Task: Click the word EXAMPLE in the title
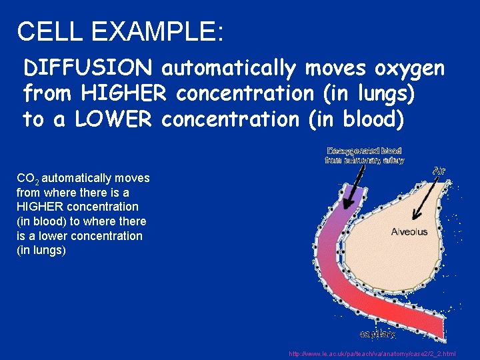coord(154,31)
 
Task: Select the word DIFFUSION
coord(89,67)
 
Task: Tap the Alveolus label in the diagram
coord(409,232)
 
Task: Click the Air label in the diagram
coord(439,171)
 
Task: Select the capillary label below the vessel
coord(377,333)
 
